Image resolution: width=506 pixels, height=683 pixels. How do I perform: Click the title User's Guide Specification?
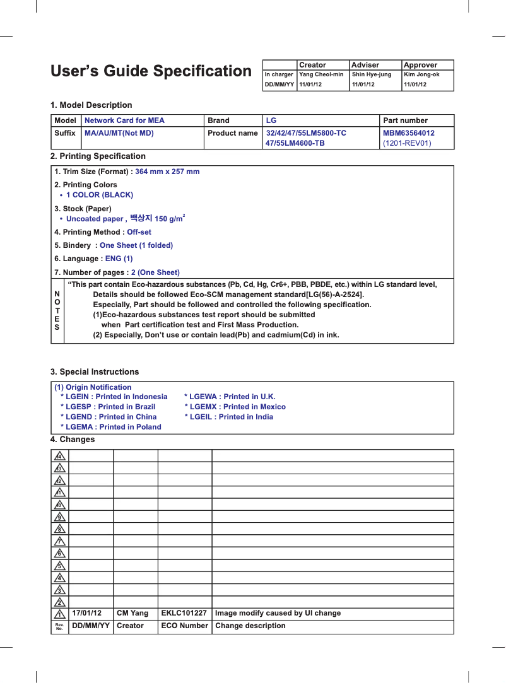tap(151, 71)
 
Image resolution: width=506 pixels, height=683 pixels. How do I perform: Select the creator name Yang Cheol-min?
tap(321, 74)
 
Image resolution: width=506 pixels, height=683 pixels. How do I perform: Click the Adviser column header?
tap(365, 65)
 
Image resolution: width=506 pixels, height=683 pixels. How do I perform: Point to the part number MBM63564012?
tap(409, 133)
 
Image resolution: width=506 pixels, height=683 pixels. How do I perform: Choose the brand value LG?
tap(271, 120)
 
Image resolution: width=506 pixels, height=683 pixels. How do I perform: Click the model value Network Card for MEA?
tap(124, 120)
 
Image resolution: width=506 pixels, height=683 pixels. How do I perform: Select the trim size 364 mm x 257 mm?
tap(167, 172)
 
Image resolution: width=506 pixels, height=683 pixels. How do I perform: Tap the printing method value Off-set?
tap(139, 232)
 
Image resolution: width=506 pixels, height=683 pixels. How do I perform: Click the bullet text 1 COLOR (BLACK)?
tap(100, 195)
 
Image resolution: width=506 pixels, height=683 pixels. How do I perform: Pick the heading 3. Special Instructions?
tap(95, 371)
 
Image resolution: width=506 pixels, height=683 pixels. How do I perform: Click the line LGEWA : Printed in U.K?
tap(230, 397)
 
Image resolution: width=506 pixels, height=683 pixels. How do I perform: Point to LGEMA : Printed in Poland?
tap(110, 427)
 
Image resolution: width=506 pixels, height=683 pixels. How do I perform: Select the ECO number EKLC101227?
tap(184, 613)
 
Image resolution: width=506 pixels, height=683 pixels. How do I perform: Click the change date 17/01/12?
tap(87, 613)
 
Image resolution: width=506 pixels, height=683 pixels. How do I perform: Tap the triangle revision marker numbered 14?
tap(59, 456)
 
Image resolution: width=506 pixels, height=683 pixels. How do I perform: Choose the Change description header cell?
tap(250, 626)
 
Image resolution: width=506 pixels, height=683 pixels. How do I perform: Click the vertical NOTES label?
tap(57, 311)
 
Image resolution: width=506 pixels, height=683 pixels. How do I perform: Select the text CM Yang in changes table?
tap(132, 613)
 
